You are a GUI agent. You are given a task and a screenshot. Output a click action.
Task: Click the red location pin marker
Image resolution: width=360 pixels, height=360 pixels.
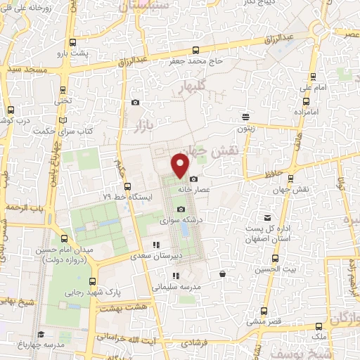[x=181, y=165]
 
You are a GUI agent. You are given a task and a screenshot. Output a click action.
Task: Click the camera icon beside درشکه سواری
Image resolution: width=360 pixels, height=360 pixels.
[x=181, y=209]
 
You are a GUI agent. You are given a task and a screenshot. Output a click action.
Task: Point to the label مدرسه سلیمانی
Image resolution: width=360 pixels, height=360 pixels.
[x=176, y=288]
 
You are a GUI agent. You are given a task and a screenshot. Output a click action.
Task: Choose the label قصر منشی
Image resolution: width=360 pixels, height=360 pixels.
[x=263, y=321]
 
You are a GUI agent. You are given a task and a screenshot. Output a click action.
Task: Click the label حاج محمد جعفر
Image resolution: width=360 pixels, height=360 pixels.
[x=195, y=61]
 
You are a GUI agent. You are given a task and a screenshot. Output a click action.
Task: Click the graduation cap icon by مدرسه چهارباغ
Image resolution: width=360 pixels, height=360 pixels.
[x=41, y=334]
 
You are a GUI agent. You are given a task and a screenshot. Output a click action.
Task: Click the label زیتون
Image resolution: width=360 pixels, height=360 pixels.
[x=245, y=129]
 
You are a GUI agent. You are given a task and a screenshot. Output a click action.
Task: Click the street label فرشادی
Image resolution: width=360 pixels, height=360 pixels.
[x=190, y=342]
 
